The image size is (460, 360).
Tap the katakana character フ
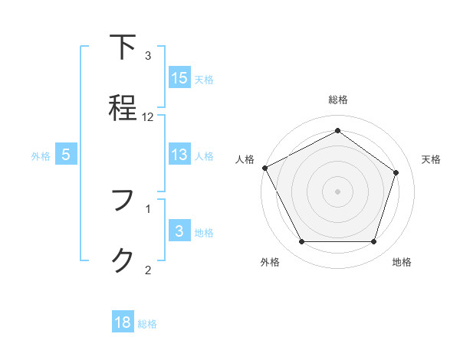point(123,201)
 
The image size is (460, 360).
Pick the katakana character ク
point(123,260)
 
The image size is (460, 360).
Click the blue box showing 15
point(179,77)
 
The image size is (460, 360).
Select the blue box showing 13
point(179,155)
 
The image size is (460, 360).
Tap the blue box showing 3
point(179,231)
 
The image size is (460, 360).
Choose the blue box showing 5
point(66,155)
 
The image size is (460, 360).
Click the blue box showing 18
point(123,322)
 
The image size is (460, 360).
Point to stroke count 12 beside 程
point(148,117)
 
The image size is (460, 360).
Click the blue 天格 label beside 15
point(204,79)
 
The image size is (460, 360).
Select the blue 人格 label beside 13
point(204,156)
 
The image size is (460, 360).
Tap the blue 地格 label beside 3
point(204,233)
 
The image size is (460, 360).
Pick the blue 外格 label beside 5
point(41,156)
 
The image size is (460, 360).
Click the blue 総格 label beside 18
point(147,324)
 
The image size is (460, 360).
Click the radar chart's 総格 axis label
point(337,100)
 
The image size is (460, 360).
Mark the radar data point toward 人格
point(264,167)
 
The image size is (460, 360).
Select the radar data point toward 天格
point(396,172)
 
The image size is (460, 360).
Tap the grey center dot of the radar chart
point(337,191)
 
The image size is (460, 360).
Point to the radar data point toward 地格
point(373,242)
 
